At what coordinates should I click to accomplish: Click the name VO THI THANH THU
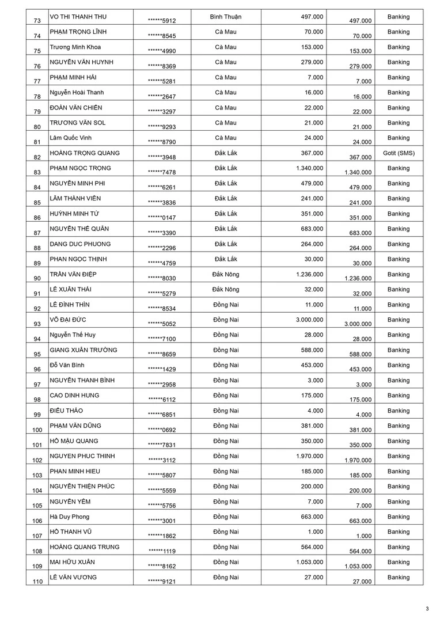pyautogui.click(x=78, y=17)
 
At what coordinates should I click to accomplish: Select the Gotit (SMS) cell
pyautogui.click(x=399, y=153)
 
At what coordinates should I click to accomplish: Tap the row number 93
pyautogui.click(x=37, y=324)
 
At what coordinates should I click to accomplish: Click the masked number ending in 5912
pyautogui.click(x=162, y=21)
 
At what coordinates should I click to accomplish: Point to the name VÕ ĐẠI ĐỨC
pyautogui.click(x=68, y=320)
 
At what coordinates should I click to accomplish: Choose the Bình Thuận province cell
pyautogui.click(x=226, y=17)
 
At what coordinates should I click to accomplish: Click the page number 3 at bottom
pyautogui.click(x=427, y=609)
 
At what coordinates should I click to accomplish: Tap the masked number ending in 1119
pyautogui.click(x=162, y=551)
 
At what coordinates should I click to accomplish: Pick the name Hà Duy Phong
pyautogui.click(x=70, y=517)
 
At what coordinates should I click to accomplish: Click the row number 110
pyautogui.click(x=38, y=582)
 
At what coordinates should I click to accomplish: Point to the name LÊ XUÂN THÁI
pyautogui.click(x=70, y=289)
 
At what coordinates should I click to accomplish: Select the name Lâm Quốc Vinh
pyautogui.click(x=71, y=138)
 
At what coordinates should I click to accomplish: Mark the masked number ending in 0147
pyautogui.click(x=162, y=218)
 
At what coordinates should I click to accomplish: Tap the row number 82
pyautogui.click(x=37, y=157)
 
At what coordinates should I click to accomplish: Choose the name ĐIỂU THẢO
pyautogui.click(x=67, y=411)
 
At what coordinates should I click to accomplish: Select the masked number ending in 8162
pyautogui.click(x=162, y=566)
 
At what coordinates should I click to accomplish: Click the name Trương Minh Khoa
pyautogui.click(x=75, y=47)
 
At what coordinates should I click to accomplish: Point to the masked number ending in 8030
pyautogui.click(x=162, y=278)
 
